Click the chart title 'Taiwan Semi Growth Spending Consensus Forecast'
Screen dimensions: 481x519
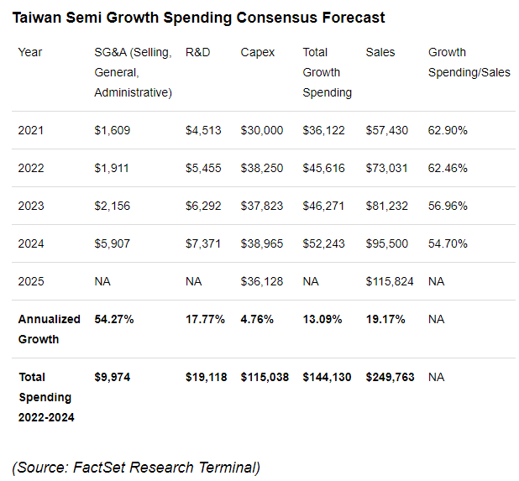(199, 17)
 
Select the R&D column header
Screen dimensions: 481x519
(197, 52)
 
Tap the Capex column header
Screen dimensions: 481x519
(258, 52)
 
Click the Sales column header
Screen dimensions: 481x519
(380, 52)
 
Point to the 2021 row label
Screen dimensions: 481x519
(30, 130)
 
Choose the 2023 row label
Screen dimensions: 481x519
(30, 206)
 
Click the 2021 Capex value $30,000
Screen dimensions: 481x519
(262, 130)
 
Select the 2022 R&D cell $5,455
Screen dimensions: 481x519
(203, 168)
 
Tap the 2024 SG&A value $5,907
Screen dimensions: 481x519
(113, 243)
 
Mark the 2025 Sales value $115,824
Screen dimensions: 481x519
(390, 281)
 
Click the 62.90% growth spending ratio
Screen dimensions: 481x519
(448, 130)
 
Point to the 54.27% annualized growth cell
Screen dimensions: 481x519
(115, 319)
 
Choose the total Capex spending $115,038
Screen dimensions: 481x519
(265, 377)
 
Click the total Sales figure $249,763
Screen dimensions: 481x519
(390, 377)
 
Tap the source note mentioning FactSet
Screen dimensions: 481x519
(136, 467)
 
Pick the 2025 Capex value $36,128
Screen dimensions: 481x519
(262, 281)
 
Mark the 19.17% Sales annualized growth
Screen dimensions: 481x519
(386, 319)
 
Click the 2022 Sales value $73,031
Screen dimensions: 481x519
(387, 168)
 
